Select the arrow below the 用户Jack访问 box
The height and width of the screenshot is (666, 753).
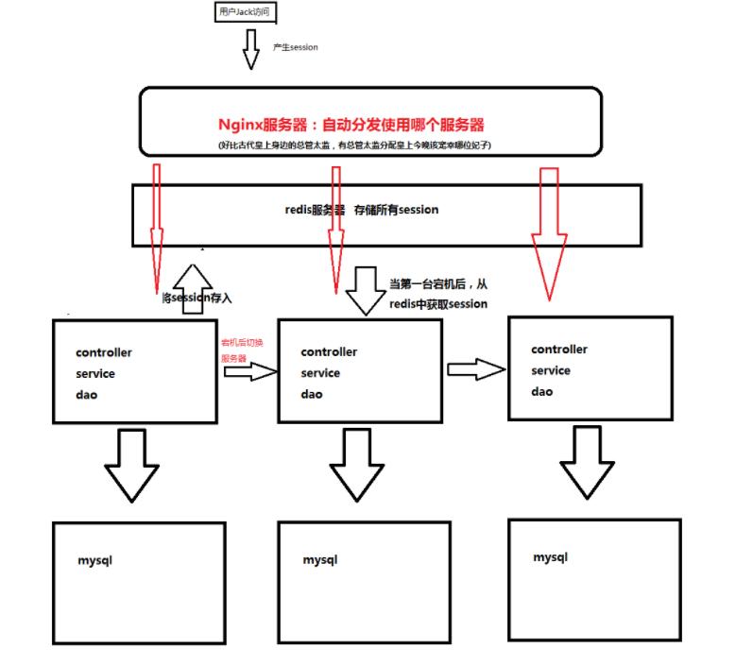point(250,49)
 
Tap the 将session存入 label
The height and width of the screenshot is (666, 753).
point(197,299)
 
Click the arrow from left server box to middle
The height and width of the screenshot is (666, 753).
point(250,372)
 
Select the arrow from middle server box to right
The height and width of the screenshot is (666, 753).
point(475,368)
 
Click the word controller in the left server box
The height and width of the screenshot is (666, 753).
point(104,353)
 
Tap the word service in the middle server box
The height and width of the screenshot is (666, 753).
point(321,373)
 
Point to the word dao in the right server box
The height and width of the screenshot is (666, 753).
point(541,391)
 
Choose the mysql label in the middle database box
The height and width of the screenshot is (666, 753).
point(320,560)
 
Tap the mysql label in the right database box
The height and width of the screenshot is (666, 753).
point(550,557)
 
